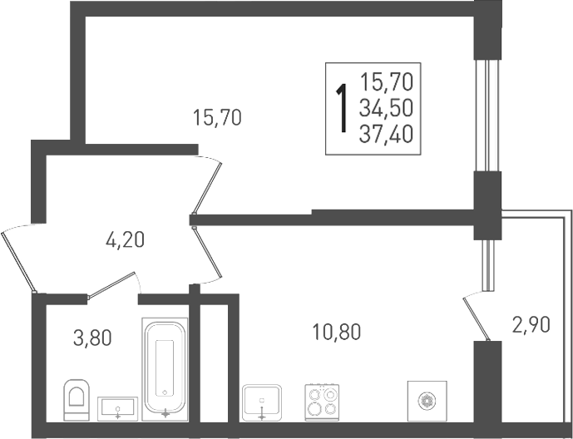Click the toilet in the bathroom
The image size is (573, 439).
tap(77, 400)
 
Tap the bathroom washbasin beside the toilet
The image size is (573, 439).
tap(117, 409)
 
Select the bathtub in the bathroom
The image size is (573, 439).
tap(165, 369)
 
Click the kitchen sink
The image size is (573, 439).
tap(262, 402)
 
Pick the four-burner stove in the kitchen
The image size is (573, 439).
tap(322, 402)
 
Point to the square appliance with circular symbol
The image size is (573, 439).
tap(427, 401)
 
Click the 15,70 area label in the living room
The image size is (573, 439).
tap(217, 117)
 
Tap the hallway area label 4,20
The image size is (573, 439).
tap(125, 240)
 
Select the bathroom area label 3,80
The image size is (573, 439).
tap(92, 338)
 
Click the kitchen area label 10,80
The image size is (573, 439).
tap(337, 332)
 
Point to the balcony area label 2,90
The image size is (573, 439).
tap(531, 325)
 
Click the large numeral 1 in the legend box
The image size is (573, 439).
tap(342, 108)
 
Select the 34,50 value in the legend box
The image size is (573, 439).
tap(386, 108)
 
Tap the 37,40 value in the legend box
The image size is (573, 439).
tap(386, 133)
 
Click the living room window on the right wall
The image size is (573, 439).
tap(487, 116)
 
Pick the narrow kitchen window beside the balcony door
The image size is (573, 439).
tap(488, 265)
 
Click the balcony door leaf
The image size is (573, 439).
tap(477, 318)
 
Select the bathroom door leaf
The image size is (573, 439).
tap(111, 286)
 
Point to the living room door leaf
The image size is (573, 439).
tap(208, 188)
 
